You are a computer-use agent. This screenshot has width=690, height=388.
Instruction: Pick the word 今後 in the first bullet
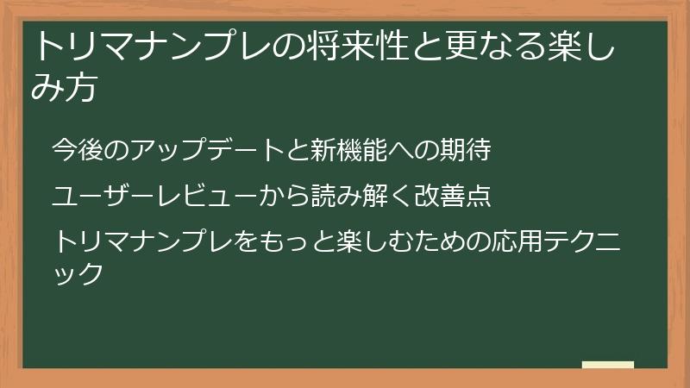pyautogui.click(x=75, y=151)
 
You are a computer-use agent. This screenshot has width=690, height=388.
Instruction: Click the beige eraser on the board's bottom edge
pyautogui.click(x=607, y=365)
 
